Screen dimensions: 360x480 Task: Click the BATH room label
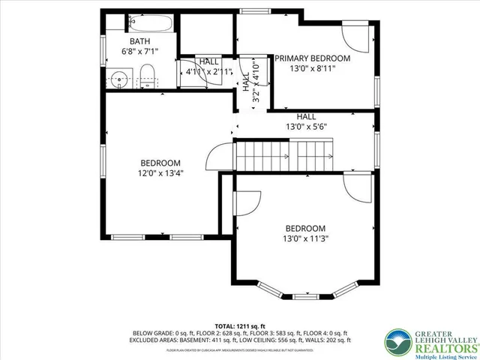tap(140, 41)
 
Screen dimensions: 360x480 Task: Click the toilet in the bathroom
tap(148, 76)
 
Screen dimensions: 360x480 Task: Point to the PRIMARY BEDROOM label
tap(312, 58)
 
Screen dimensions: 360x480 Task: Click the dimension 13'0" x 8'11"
tap(312, 68)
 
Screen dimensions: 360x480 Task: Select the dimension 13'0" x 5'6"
tap(305, 127)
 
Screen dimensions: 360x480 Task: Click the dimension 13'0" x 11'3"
tap(305, 239)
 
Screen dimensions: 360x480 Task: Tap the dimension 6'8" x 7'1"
tap(140, 52)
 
